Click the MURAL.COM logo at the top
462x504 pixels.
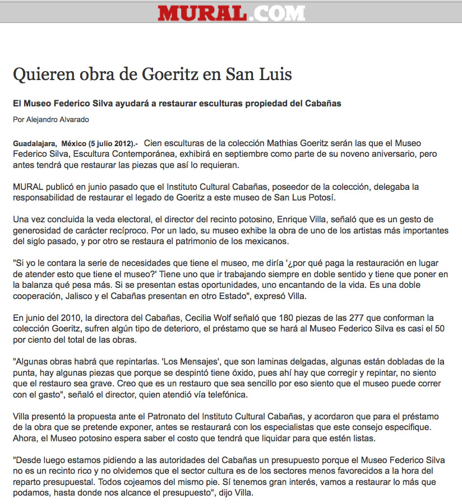point(231,13)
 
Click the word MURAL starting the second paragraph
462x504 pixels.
point(27,186)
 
